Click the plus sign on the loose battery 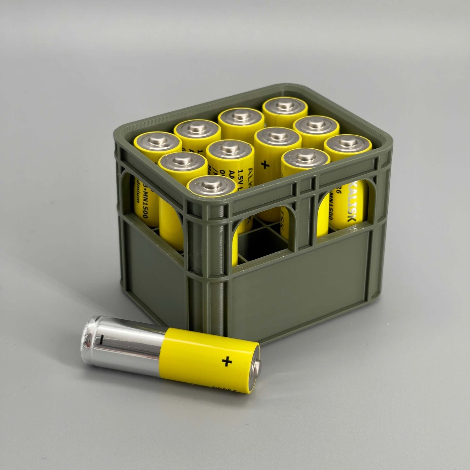tap(227, 361)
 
